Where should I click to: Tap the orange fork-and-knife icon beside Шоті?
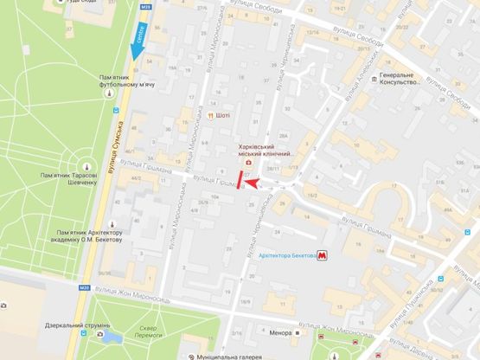click(210, 115)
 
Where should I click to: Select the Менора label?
click(279, 331)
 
